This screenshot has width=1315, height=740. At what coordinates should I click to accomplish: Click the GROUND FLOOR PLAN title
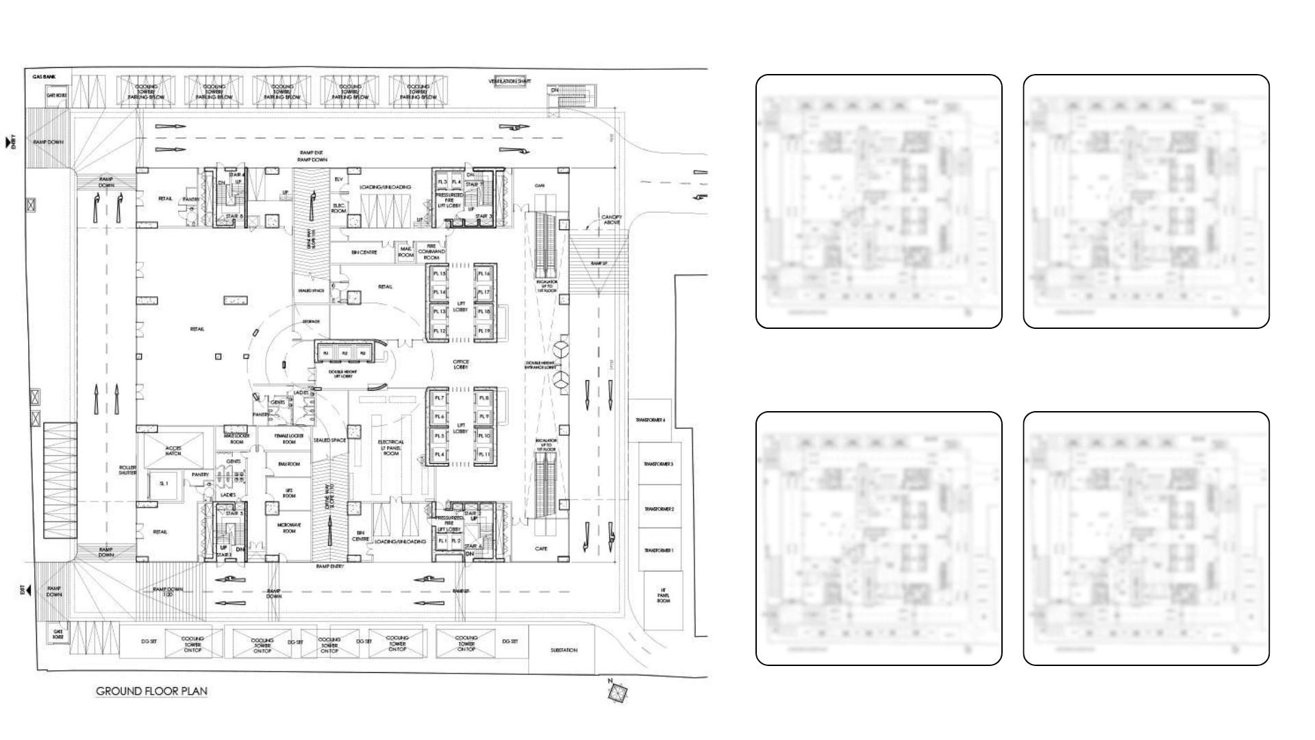click(x=151, y=691)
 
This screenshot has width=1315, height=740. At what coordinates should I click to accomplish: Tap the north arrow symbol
click(x=617, y=693)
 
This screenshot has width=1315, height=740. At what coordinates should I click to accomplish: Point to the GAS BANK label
click(x=44, y=77)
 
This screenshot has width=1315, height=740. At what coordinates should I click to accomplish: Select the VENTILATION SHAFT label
click(x=510, y=82)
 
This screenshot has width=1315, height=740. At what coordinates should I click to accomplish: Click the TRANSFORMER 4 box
click(x=650, y=420)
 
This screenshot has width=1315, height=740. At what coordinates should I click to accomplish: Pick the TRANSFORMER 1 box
click(x=658, y=550)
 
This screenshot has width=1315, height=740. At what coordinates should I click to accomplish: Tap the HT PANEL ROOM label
click(x=663, y=595)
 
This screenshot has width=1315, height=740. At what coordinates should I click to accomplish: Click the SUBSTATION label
click(x=564, y=650)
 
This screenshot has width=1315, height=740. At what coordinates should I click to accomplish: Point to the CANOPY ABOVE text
click(x=612, y=219)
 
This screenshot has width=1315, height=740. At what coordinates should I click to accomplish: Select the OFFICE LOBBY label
click(x=460, y=365)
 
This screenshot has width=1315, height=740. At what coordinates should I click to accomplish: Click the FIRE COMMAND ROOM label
click(x=431, y=251)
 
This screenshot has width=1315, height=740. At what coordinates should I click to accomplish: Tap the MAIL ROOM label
click(x=406, y=252)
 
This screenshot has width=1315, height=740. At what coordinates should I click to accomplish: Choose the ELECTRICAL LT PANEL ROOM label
click(x=391, y=447)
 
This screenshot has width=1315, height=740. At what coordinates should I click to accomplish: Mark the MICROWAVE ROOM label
click(x=289, y=527)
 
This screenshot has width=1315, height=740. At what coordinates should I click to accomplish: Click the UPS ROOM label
click(x=289, y=493)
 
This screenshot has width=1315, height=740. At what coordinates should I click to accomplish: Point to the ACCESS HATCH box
click(x=173, y=450)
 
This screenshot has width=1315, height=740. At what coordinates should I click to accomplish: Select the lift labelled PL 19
click(x=484, y=331)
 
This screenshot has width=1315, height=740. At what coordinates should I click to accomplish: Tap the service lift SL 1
click(x=164, y=483)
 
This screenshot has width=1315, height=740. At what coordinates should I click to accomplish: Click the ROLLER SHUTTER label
click(x=127, y=470)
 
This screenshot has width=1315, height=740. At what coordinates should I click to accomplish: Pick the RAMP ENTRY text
click(x=330, y=567)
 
